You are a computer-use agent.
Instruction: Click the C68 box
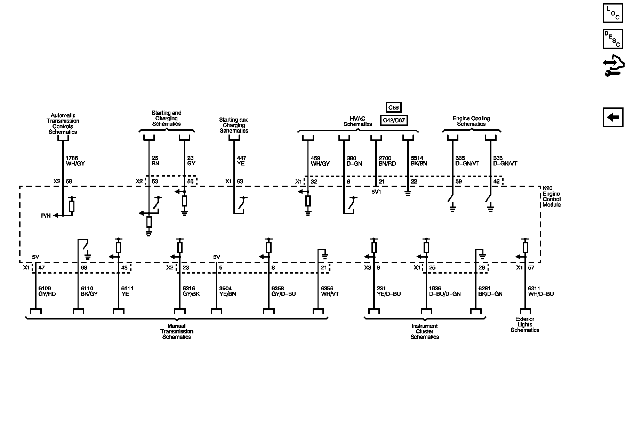393,107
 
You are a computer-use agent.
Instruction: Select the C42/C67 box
393,120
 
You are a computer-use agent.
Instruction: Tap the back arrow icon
613,117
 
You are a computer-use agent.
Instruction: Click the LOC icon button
613,13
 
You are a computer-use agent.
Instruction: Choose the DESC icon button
613,39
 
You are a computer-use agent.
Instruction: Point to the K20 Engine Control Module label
552,196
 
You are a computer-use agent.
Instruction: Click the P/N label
46,216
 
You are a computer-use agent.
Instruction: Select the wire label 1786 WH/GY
75,161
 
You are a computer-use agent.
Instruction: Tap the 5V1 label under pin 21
376,192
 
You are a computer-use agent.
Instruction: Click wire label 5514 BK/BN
419,161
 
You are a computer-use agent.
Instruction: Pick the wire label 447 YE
241,161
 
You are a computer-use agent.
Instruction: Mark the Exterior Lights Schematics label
525,324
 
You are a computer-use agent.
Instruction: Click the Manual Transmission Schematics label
177,331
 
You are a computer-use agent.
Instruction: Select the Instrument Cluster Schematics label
425,331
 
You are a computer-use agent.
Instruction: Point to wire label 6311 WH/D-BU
541,291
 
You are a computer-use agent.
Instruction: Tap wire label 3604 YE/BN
228,291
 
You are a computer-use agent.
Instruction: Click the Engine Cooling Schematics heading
471,121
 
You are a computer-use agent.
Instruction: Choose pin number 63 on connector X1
240,181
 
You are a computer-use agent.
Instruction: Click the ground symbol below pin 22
408,193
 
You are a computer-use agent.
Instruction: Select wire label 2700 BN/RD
387,161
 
